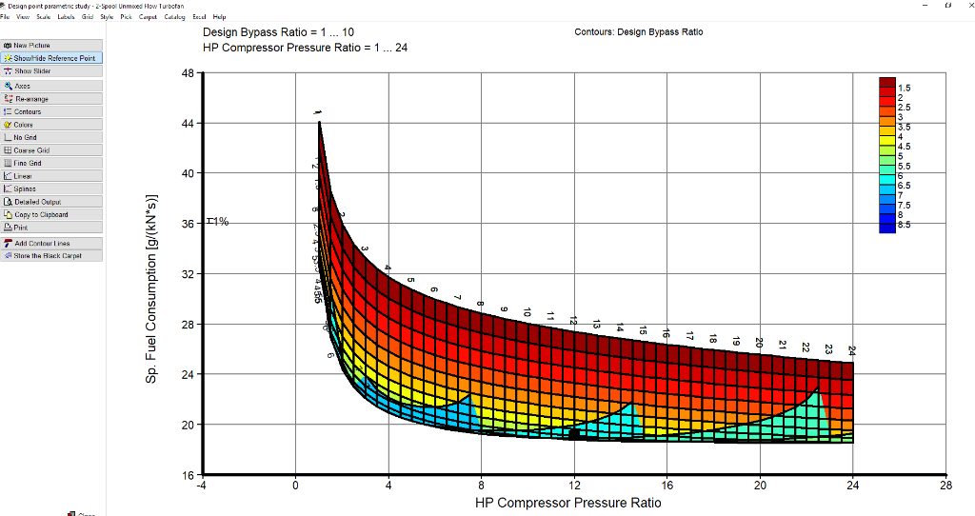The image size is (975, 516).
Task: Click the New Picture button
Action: point(32,45)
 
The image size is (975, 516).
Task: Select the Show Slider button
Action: point(34,71)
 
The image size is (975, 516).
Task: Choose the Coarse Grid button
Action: point(32,150)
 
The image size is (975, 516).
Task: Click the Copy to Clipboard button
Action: point(41,214)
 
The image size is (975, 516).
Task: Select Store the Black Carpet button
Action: point(48,256)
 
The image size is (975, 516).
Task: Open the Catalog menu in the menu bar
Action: point(174,17)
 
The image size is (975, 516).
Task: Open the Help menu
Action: point(219,17)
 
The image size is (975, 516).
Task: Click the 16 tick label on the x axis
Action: point(667,486)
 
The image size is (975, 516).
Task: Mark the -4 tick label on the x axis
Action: point(202,486)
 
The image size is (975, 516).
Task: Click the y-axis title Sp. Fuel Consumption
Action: point(151,289)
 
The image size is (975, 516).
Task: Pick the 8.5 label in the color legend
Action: point(904,226)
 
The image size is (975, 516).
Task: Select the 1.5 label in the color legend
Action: point(904,88)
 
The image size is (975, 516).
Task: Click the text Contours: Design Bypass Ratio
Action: point(639,32)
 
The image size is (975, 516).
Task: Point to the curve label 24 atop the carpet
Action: point(851,350)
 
